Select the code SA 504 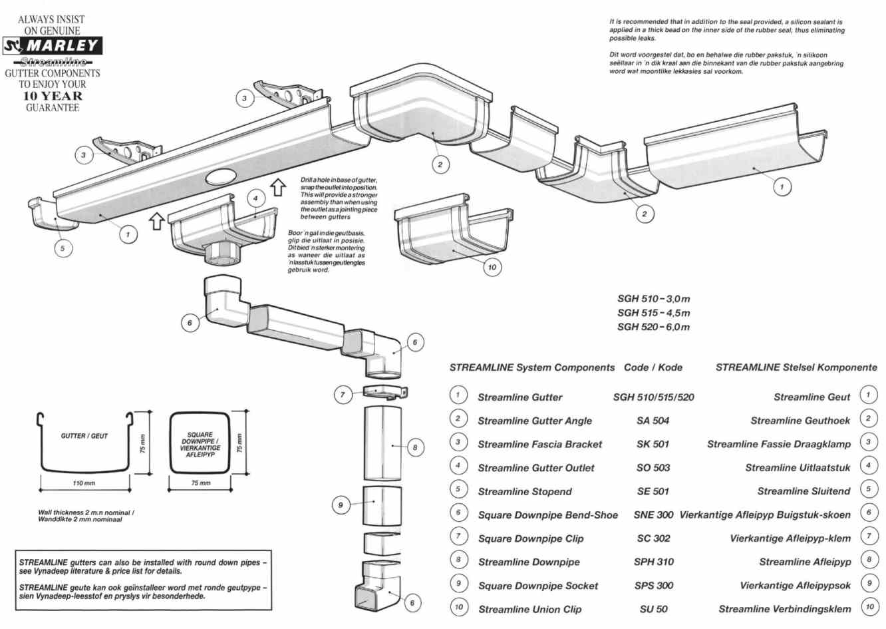click(653, 421)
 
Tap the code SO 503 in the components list click(653, 468)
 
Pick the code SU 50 click(653, 609)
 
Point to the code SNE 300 click(653, 515)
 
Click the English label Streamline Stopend click(524, 492)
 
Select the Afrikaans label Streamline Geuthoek click(800, 421)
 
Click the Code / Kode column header click(653, 367)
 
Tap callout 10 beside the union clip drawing click(492, 268)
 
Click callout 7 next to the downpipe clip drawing click(343, 395)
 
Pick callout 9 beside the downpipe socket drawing click(340, 505)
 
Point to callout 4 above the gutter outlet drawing click(255, 198)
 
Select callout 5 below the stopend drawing click(63, 248)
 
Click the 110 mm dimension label click(84, 483)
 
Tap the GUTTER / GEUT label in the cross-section click(84, 436)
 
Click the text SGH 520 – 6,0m click(653, 327)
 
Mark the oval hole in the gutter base click(222, 176)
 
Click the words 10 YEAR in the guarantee click(53, 96)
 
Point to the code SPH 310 click(653, 562)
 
